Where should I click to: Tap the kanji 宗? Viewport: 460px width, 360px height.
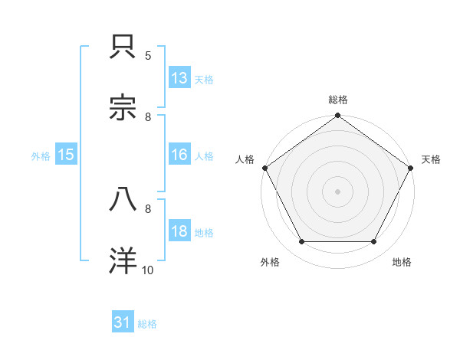click(123, 108)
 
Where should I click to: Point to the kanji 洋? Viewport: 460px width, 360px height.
click(123, 260)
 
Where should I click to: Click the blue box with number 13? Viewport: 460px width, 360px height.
click(179, 78)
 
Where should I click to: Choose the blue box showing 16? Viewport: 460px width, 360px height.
click(179, 155)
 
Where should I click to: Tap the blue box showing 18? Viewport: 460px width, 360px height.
click(179, 231)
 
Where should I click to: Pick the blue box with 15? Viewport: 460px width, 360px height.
click(66, 155)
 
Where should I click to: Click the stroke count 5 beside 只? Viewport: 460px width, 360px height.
click(148, 55)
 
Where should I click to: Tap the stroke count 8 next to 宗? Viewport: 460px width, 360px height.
click(148, 116)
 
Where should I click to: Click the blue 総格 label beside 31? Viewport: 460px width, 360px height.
click(148, 324)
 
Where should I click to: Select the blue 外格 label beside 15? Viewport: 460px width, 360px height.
click(41, 155)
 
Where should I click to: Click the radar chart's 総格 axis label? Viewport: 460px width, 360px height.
click(338, 100)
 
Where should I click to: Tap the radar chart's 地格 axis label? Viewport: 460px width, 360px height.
click(402, 262)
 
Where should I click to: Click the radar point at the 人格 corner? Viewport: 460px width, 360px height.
click(265, 168)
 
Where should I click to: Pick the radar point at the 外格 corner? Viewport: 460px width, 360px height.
click(301, 242)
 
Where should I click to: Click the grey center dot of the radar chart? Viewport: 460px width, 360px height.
click(338, 191)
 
